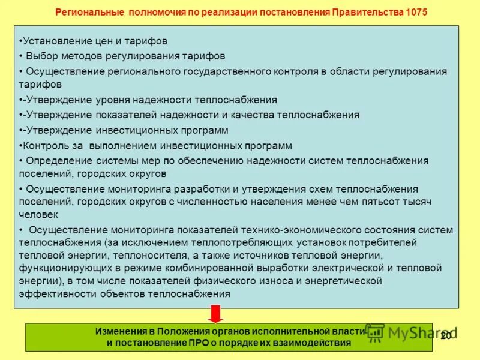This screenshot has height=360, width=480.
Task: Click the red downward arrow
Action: point(216,313)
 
